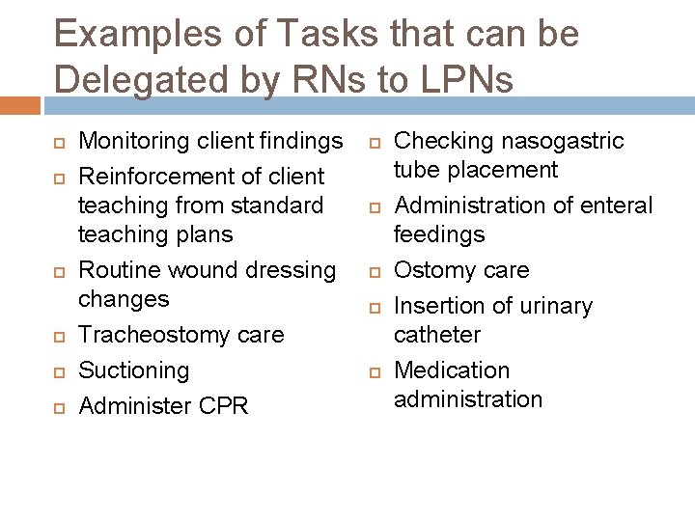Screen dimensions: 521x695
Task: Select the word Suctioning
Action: pyautogui.click(x=134, y=370)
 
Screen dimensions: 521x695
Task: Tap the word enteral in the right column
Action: pyautogui.click(x=619, y=206)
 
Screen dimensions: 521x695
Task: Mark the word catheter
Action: pyautogui.click(x=437, y=335)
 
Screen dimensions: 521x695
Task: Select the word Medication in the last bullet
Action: pyautogui.click(x=452, y=370)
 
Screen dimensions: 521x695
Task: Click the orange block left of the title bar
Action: pyautogui.click(x=19, y=105)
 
